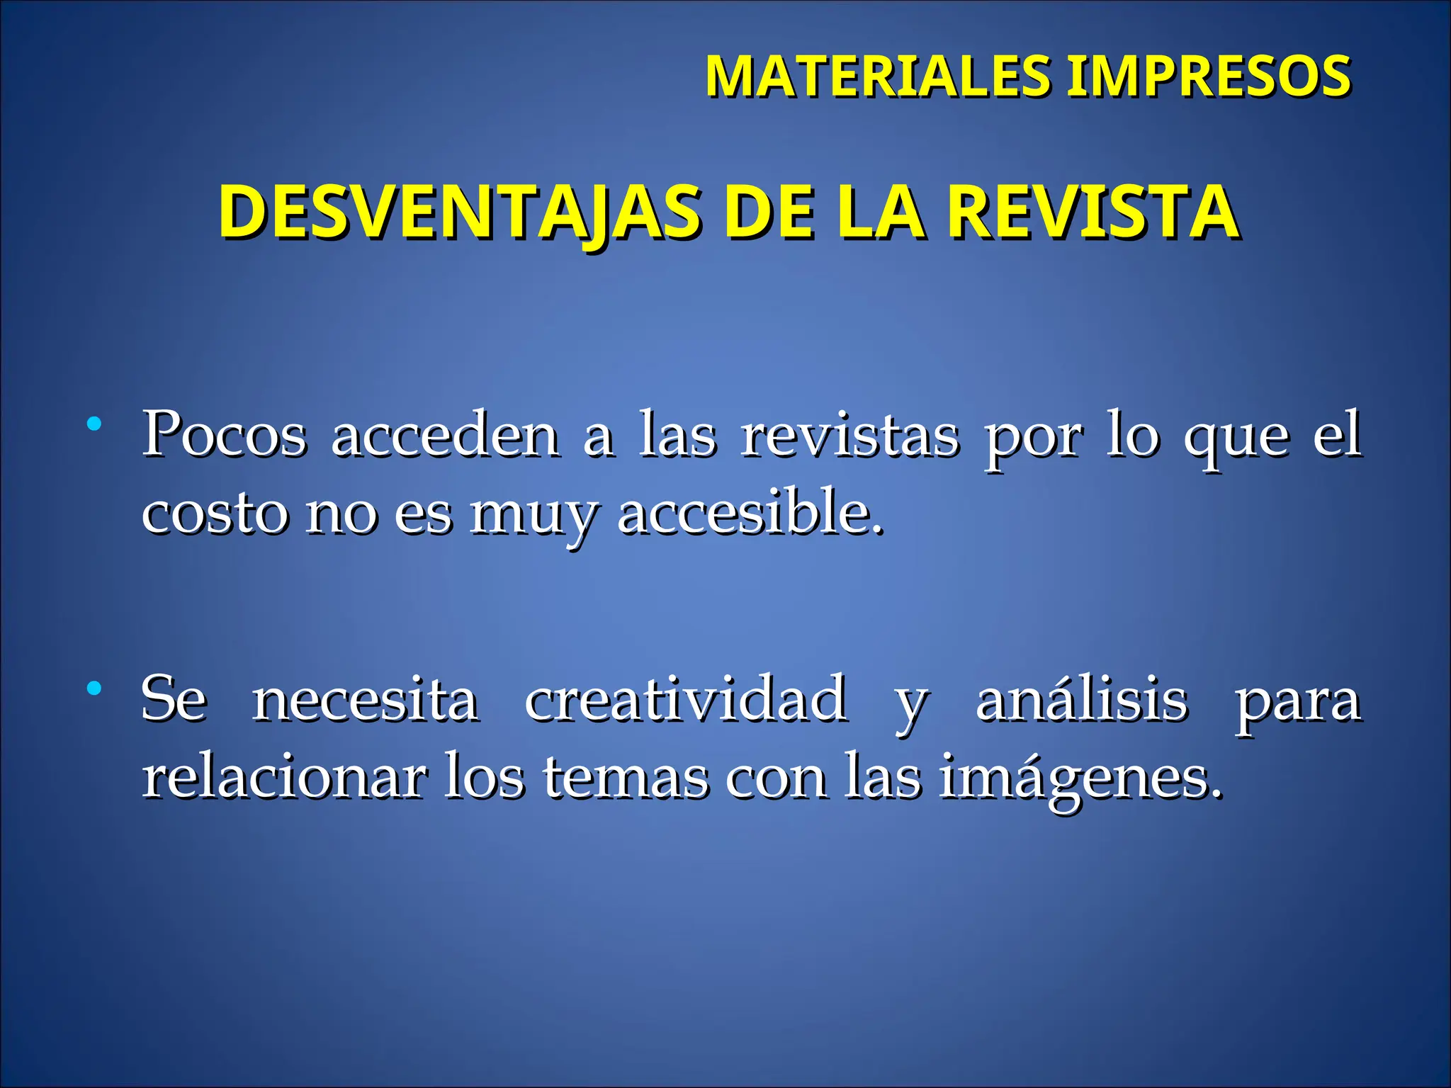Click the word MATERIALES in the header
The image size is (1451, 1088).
(879, 76)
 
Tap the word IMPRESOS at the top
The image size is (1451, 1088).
(1209, 76)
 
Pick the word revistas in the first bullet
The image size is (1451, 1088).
(849, 436)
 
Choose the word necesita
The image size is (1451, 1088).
(366, 700)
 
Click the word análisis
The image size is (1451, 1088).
(1081, 700)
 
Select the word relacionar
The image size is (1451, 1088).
(284, 777)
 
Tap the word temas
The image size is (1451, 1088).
(626, 778)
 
